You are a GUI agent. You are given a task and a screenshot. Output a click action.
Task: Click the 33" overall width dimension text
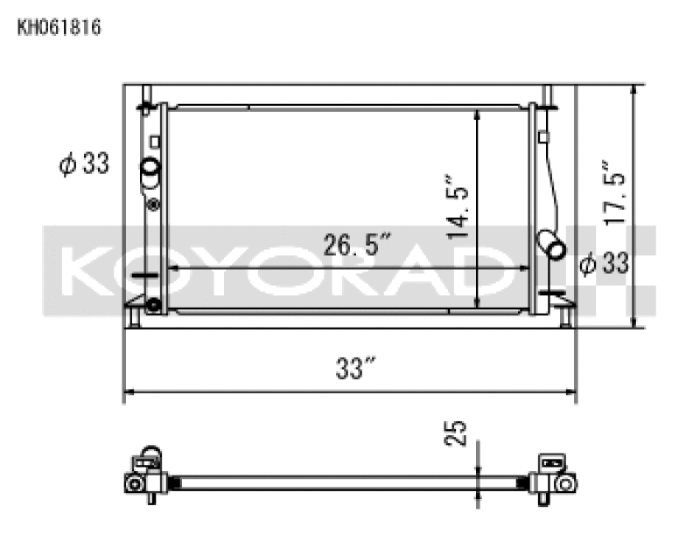tap(349, 370)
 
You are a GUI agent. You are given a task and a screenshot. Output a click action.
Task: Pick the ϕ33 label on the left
tap(85, 163)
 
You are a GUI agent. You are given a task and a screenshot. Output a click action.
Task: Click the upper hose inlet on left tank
tap(150, 168)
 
